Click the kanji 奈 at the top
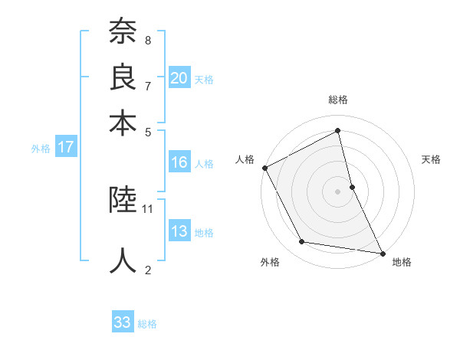tap(123, 33)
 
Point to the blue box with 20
tap(179, 77)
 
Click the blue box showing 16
tap(179, 162)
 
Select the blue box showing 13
tap(179, 231)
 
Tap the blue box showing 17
tap(65, 147)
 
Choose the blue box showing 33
tap(123, 322)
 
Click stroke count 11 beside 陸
tap(149, 208)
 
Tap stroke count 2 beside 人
tap(148, 269)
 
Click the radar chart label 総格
tap(338, 100)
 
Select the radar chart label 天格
tap(431, 159)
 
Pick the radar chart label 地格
tap(402, 262)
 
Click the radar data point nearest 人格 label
tap(265, 168)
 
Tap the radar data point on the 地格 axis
tap(382, 252)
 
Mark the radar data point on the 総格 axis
tap(338, 131)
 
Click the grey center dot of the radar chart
tap(338, 191)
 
